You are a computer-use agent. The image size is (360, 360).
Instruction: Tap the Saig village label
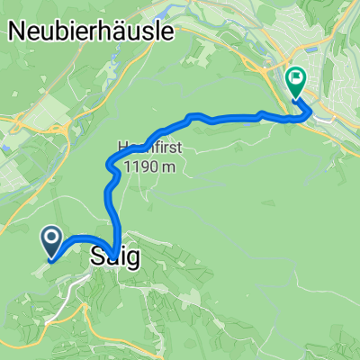[114, 257]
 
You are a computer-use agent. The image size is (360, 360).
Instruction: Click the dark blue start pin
[50, 241]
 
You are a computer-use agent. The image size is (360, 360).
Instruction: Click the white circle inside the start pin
[50, 238]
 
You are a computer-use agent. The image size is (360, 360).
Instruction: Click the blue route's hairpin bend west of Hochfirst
[110, 166]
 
